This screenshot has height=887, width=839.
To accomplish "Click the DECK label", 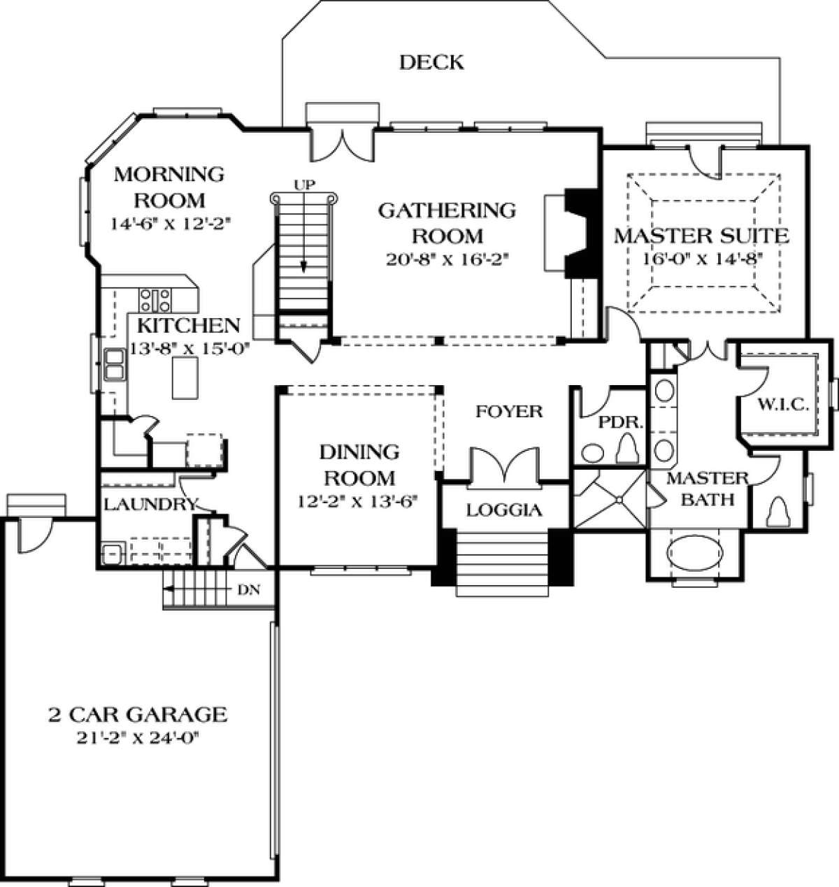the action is point(431,62).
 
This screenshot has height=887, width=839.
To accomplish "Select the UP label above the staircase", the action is point(305,185).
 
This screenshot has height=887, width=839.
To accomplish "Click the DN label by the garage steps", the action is point(249,590).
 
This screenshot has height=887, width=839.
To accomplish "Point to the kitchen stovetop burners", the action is point(155,300).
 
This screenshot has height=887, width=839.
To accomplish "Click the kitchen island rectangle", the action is point(185,377).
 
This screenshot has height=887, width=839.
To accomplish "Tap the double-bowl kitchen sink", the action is point(114,364).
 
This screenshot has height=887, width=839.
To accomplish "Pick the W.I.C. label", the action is point(782,405).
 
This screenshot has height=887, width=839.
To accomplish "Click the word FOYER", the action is point(509,412).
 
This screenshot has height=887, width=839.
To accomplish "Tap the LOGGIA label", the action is point(503,510).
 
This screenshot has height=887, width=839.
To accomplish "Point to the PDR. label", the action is point(620,423).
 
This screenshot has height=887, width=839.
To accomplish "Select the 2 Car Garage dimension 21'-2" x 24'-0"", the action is point(138,739).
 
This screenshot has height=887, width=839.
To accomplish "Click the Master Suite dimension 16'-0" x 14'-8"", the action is point(702,259).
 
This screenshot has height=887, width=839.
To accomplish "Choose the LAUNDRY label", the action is point(151,504).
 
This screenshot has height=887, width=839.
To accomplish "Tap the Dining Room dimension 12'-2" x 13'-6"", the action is point(355,501).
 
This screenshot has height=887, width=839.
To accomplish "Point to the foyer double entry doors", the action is point(505,468).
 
